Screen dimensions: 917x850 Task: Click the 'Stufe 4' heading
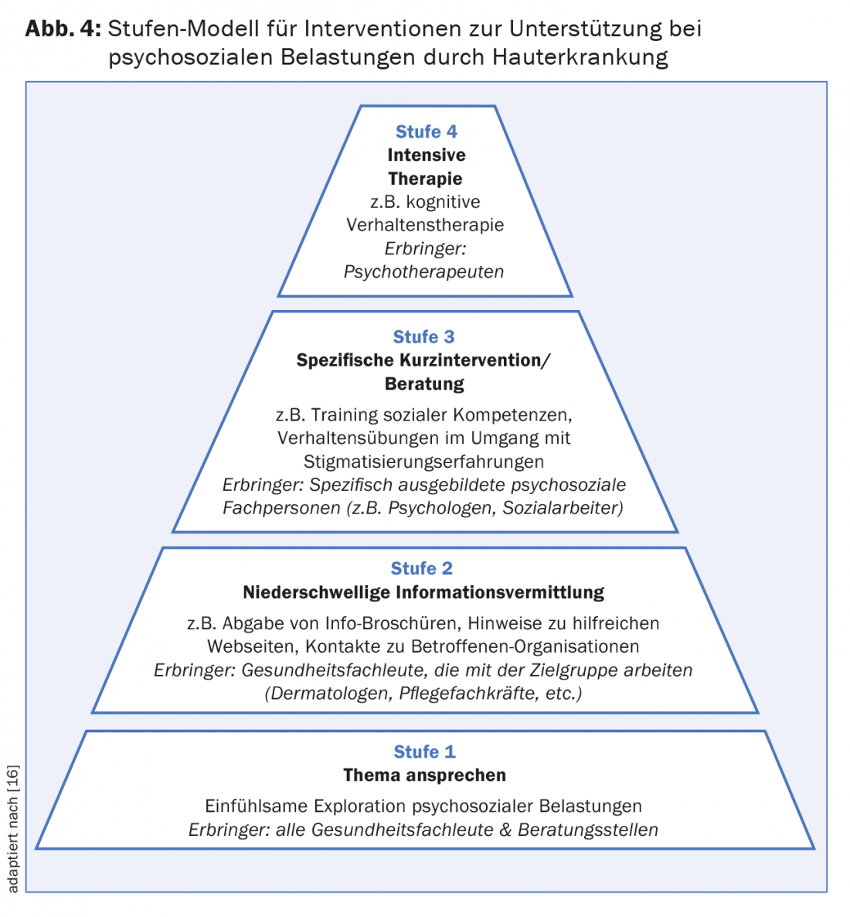tap(426, 131)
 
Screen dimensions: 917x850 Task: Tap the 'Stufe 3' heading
tap(423, 337)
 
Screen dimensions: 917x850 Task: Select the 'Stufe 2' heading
tap(421, 568)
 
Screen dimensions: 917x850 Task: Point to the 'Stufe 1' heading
tap(424, 752)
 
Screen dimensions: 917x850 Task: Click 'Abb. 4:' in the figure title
tap(63, 29)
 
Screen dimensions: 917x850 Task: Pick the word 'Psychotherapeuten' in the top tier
tap(423, 271)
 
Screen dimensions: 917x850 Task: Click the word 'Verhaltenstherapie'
tap(425, 225)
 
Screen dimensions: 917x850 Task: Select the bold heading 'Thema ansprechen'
tap(424, 775)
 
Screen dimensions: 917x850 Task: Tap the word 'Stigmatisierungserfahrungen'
tap(423, 462)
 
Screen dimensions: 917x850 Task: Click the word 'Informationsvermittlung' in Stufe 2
tap(500, 592)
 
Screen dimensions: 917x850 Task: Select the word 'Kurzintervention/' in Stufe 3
tap(474, 360)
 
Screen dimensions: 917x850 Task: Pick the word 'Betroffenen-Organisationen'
tap(525, 646)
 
